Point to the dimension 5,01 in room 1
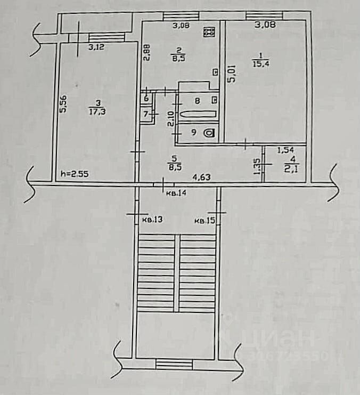pos(231,73)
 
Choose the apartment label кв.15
pos(204,220)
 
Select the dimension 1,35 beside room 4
pos(257,168)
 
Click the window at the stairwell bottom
pos(174,364)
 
